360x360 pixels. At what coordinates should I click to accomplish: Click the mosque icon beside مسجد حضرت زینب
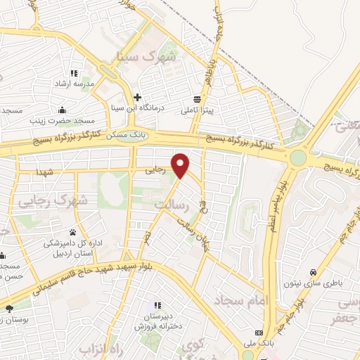(62, 110)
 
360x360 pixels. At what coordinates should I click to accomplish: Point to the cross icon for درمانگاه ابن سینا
(138, 97)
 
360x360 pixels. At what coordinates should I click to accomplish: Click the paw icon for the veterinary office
(72, 232)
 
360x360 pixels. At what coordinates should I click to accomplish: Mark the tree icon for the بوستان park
(9, 309)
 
